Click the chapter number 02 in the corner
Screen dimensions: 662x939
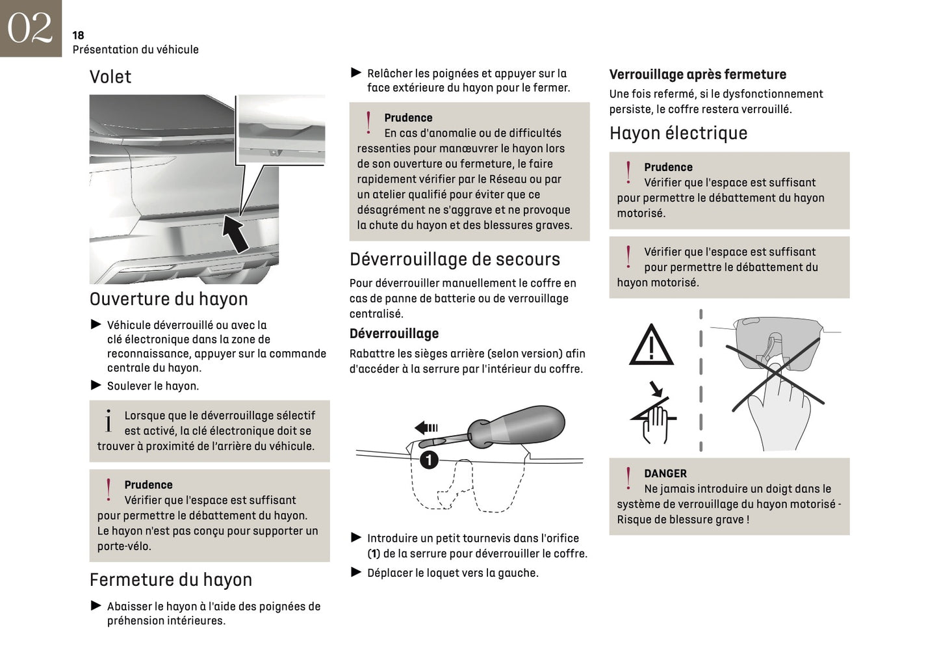point(30,28)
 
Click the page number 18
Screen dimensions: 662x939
point(78,35)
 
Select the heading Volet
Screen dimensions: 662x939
point(110,77)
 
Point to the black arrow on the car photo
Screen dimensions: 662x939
point(235,233)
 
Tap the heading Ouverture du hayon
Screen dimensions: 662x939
point(169,299)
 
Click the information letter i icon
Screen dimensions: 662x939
point(109,421)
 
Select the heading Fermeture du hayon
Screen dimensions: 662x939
point(171,580)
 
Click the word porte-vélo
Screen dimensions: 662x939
point(124,546)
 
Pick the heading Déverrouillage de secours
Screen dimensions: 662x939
point(455,259)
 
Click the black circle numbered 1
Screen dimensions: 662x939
point(429,460)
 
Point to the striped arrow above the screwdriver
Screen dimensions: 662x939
point(426,428)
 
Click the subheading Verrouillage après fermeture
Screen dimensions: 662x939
point(698,74)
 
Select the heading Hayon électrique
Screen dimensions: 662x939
point(678,133)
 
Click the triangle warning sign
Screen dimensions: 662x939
point(651,345)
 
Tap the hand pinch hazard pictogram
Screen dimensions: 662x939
point(654,416)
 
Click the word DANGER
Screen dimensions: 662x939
point(665,473)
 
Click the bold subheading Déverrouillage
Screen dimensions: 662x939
point(394,334)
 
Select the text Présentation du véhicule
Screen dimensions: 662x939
point(136,49)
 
